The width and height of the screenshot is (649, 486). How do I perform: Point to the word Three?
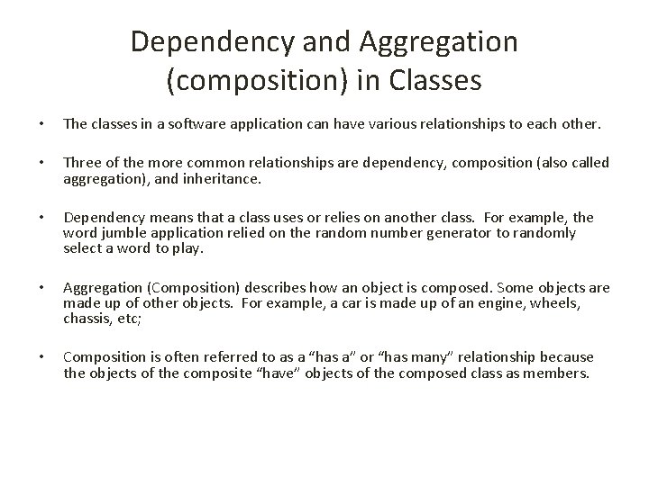(81, 162)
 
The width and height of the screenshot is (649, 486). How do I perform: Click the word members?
(560, 372)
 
